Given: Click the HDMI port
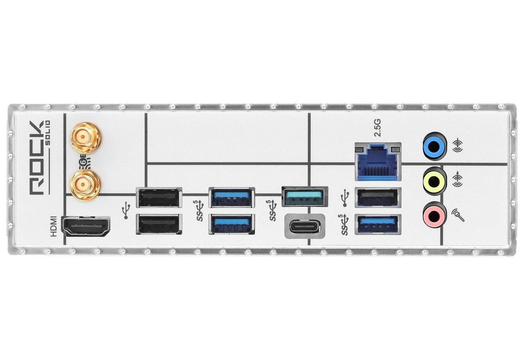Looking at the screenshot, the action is (86, 226).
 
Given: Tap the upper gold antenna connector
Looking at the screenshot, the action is (86, 138).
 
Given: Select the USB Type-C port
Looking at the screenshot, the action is (305, 226).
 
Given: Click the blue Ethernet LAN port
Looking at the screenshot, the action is (378, 162).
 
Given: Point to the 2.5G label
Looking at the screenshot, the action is (377, 128).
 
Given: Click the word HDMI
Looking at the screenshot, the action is (54, 227).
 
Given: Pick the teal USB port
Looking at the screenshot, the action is (305, 196).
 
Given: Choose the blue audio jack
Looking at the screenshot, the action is (435, 146).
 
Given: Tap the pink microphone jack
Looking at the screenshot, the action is (435, 215).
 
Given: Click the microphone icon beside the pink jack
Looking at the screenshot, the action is (458, 215).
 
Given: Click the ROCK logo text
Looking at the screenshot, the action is (36, 158).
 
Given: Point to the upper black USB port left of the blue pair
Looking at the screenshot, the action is (159, 198).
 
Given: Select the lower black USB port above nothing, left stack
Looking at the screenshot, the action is (159, 224).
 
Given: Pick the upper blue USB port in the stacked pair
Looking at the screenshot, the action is (232, 198).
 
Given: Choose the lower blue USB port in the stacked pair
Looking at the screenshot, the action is (232, 224).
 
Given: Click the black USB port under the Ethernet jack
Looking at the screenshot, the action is (378, 198).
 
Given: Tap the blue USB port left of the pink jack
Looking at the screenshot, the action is (378, 224).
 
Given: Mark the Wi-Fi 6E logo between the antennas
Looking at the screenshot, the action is (85, 162).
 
